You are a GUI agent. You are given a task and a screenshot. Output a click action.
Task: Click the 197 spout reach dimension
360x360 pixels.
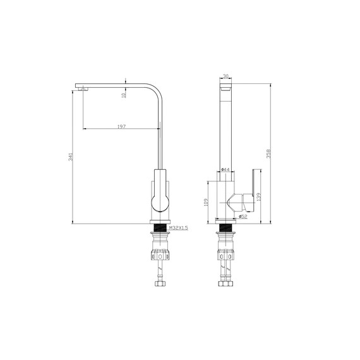coord(121,126)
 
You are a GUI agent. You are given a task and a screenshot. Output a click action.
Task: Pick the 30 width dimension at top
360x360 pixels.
coord(225,76)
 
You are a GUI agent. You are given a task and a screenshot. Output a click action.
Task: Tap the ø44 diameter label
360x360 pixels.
coord(225,169)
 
